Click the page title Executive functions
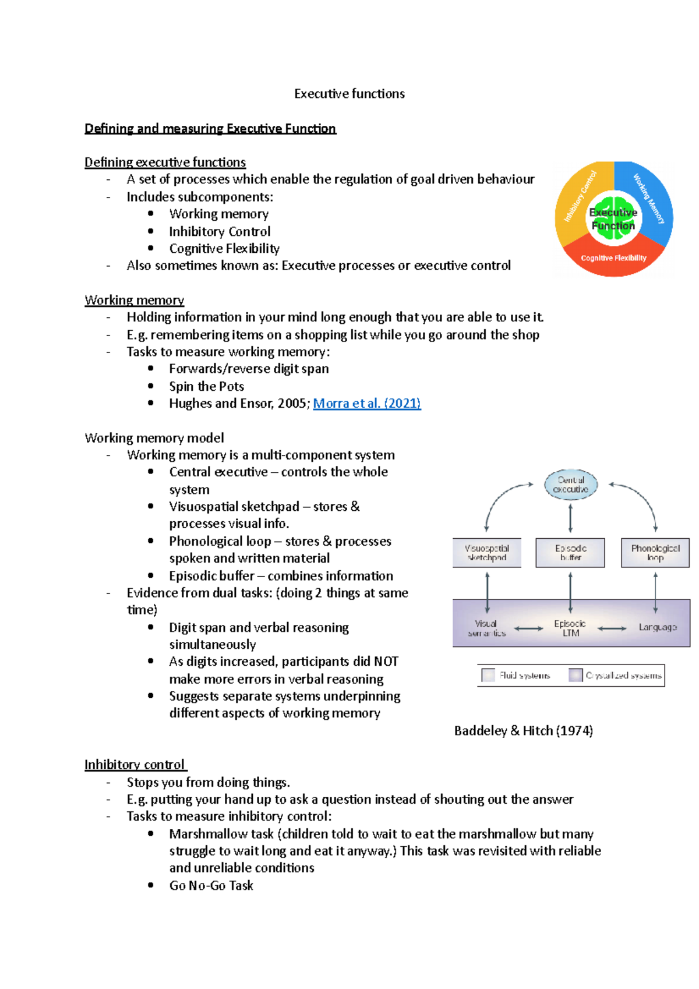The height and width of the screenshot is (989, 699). (x=349, y=94)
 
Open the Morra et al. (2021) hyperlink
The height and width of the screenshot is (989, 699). (x=366, y=403)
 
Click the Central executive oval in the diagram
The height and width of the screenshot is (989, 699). (x=570, y=485)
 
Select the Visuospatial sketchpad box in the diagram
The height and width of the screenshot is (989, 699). (x=487, y=553)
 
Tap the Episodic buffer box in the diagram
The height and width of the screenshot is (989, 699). (x=570, y=553)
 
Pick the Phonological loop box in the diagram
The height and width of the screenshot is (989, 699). (x=655, y=553)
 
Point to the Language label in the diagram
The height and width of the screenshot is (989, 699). (x=657, y=627)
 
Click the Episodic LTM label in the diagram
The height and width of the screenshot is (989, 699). (x=570, y=628)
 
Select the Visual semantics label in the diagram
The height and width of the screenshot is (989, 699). (x=486, y=628)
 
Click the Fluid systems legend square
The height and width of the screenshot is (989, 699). (x=488, y=675)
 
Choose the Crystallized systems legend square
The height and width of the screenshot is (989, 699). (x=576, y=675)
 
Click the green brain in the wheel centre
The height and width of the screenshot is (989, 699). (x=613, y=219)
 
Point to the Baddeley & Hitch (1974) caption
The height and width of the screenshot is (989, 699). (x=523, y=730)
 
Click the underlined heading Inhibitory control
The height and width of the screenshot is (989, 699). (x=135, y=764)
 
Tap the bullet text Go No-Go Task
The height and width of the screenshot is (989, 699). (x=211, y=885)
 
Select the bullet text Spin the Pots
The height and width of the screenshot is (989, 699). (x=206, y=386)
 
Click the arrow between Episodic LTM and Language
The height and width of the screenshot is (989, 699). (x=612, y=628)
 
